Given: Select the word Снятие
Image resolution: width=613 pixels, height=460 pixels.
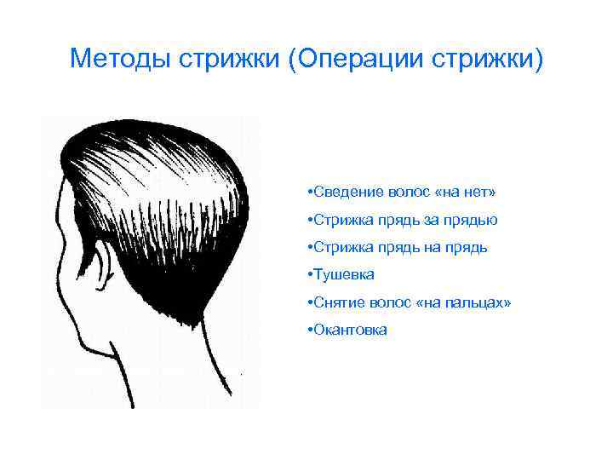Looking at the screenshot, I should pyautogui.click(x=339, y=302).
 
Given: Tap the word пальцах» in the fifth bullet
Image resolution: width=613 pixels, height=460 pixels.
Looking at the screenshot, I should pyautogui.click(x=482, y=302).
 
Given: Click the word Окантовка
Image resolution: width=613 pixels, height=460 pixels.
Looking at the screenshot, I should pyautogui.click(x=352, y=329).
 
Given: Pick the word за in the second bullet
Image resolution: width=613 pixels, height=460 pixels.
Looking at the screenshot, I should pyautogui.click(x=433, y=220).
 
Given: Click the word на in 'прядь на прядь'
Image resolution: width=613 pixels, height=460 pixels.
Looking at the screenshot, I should pyautogui.click(x=435, y=247).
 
